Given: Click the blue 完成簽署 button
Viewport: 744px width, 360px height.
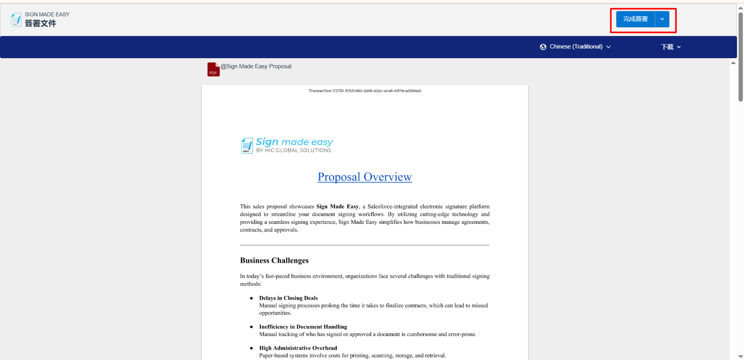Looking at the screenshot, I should (635, 19).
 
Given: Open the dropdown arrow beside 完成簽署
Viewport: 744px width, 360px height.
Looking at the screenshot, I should (662, 19).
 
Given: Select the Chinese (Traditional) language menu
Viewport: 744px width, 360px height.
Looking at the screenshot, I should (576, 47).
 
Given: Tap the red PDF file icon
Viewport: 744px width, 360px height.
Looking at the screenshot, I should (213, 69).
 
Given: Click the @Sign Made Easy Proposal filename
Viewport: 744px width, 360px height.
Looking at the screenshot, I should (256, 66).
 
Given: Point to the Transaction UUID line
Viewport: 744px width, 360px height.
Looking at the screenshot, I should (364, 91).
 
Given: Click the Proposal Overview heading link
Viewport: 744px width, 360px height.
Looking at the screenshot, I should (364, 177).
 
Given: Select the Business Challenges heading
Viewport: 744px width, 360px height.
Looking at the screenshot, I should (274, 260).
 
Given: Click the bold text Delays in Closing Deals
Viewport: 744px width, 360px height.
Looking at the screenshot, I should (288, 298).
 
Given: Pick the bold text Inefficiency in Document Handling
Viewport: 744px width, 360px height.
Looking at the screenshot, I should (303, 327).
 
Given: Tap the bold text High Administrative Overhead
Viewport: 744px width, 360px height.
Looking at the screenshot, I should (298, 348).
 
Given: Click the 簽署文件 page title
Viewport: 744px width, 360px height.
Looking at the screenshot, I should (40, 24).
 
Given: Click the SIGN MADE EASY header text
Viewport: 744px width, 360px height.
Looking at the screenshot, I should (47, 14).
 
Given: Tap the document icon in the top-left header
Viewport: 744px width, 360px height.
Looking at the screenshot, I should (16, 19).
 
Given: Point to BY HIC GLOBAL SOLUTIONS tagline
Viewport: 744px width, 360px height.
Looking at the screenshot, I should (293, 151).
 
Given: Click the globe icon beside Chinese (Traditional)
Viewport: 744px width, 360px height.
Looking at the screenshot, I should (543, 47).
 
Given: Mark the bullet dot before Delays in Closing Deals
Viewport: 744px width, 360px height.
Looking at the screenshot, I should (251, 298).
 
